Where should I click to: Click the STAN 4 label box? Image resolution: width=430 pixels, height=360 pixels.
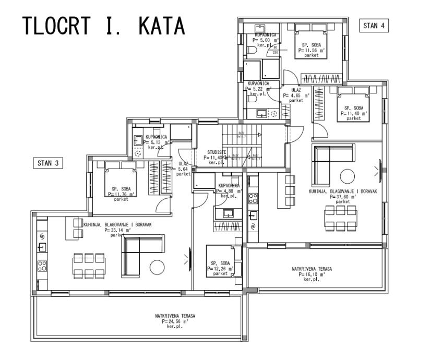click(x=375, y=26)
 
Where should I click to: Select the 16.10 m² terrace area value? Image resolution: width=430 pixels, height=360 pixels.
click(x=312, y=274)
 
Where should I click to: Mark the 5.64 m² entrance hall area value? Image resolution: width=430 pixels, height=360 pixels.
click(x=183, y=169)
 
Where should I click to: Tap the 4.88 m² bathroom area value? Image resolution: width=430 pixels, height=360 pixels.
click(x=229, y=191)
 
